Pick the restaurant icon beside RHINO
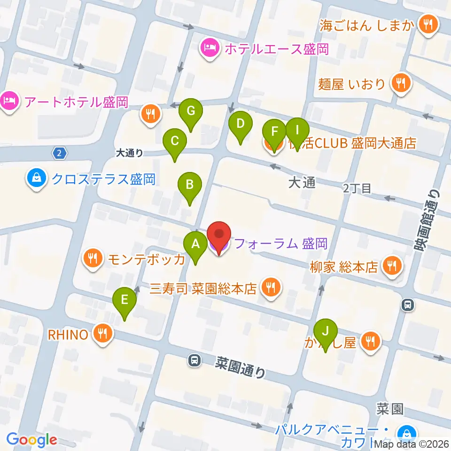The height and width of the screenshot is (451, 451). pos(102,334)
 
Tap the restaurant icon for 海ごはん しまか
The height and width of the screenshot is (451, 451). pos(428,23)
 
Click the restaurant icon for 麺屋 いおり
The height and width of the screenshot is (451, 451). pos(401,84)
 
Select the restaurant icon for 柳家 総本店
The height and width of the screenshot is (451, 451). pos(391,266)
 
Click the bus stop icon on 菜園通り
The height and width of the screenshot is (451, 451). pos(194,360)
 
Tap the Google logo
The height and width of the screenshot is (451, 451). pos(31,440)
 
